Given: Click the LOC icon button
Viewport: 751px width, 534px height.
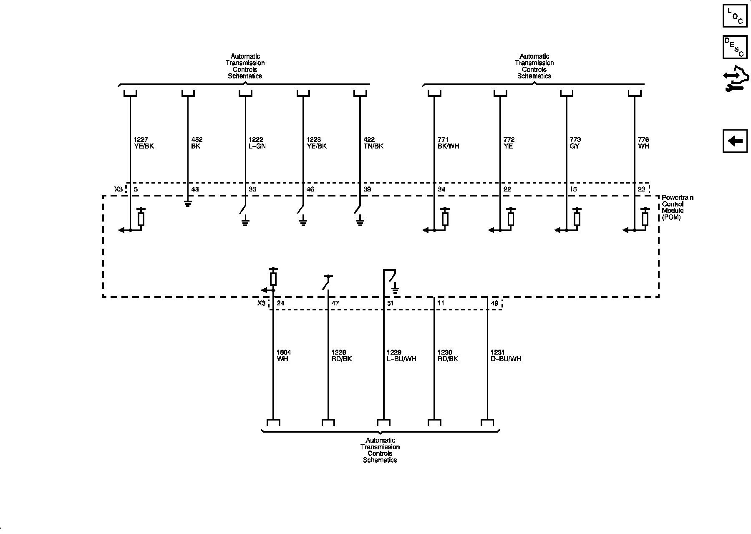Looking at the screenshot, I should [735, 15].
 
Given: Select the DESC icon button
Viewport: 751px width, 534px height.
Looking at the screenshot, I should [735, 47].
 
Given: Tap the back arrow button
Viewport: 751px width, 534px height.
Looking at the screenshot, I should [735, 141].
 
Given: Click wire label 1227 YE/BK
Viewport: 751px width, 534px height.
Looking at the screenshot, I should [144, 143].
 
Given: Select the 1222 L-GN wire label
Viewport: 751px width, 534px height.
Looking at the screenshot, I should [257, 143].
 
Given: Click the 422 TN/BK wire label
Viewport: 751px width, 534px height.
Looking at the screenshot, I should [373, 143].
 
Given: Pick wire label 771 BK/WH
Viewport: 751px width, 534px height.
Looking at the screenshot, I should [449, 143].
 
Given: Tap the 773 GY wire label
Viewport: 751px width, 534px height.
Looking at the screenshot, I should [575, 143].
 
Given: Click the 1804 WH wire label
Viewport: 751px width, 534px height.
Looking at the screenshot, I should [284, 355].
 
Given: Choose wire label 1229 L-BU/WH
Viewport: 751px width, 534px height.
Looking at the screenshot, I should [401, 355].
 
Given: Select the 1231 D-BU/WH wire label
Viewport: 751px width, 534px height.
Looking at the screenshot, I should [506, 355].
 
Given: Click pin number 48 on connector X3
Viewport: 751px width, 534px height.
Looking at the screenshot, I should [195, 189].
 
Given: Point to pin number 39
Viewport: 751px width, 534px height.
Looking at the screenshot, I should [367, 189].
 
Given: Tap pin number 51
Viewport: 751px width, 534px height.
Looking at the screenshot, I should [391, 303].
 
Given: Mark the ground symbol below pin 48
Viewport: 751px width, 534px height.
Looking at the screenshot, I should [188, 204].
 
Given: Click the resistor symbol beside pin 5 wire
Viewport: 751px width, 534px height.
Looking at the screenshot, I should [141, 219].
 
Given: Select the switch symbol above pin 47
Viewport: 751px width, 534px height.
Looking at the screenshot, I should [327, 282].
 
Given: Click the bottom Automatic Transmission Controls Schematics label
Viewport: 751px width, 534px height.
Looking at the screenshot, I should [380, 450].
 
